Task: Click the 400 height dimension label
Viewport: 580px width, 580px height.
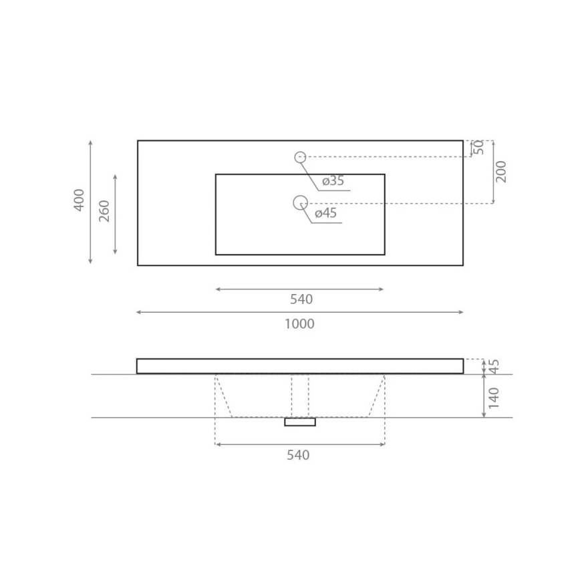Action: tap(80, 200)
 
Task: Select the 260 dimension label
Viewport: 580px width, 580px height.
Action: tap(104, 211)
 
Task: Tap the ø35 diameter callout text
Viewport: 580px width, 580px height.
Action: tap(333, 181)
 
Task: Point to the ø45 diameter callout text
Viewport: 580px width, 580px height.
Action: tap(325, 213)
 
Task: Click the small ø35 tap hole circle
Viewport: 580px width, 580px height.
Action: tap(300, 157)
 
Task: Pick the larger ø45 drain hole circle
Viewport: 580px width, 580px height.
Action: tap(300, 202)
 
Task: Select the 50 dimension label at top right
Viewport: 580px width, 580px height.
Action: tap(479, 148)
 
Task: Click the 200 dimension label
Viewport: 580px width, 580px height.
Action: tap(501, 172)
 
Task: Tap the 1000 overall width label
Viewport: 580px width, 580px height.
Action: tap(299, 324)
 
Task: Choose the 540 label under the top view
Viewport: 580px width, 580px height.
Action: tap(301, 299)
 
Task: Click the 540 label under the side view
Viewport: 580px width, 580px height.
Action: tap(298, 455)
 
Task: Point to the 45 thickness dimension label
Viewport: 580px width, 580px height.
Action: tap(494, 366)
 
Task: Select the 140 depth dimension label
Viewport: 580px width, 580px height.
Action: tap(494, 397)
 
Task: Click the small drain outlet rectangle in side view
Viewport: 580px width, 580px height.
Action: tap(300, 422)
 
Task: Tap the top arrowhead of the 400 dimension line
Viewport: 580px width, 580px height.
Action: tap(90, 143)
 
